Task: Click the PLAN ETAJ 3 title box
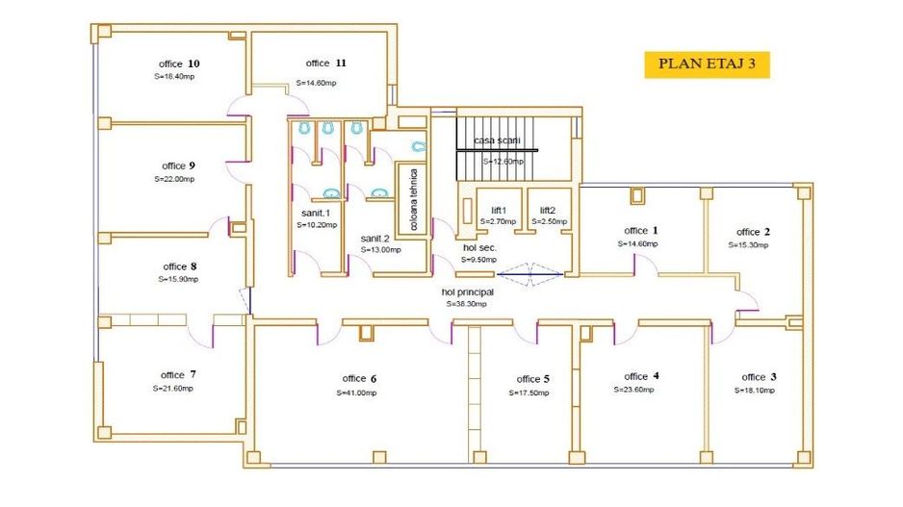point(706,64)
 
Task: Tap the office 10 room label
point(179,63)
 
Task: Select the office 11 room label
point(320,63)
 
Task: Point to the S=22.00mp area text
point(174,179)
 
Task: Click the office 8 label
point(180,266)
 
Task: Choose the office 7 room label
point(179,375)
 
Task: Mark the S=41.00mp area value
point(356,393)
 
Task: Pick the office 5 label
point(533,379)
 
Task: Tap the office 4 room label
point(642,376)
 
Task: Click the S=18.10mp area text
point(754,391)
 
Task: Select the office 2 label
point(754,232)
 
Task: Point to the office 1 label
point(641,231)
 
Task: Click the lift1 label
point(499,210)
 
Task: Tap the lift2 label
point(548,210)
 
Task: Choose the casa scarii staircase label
point(497,140)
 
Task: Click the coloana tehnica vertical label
point(414,199)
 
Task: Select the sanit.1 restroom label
point(316,213)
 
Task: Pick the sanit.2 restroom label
point(375,238)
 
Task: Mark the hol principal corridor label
point(467,292)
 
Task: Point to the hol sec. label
point(478,247)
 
